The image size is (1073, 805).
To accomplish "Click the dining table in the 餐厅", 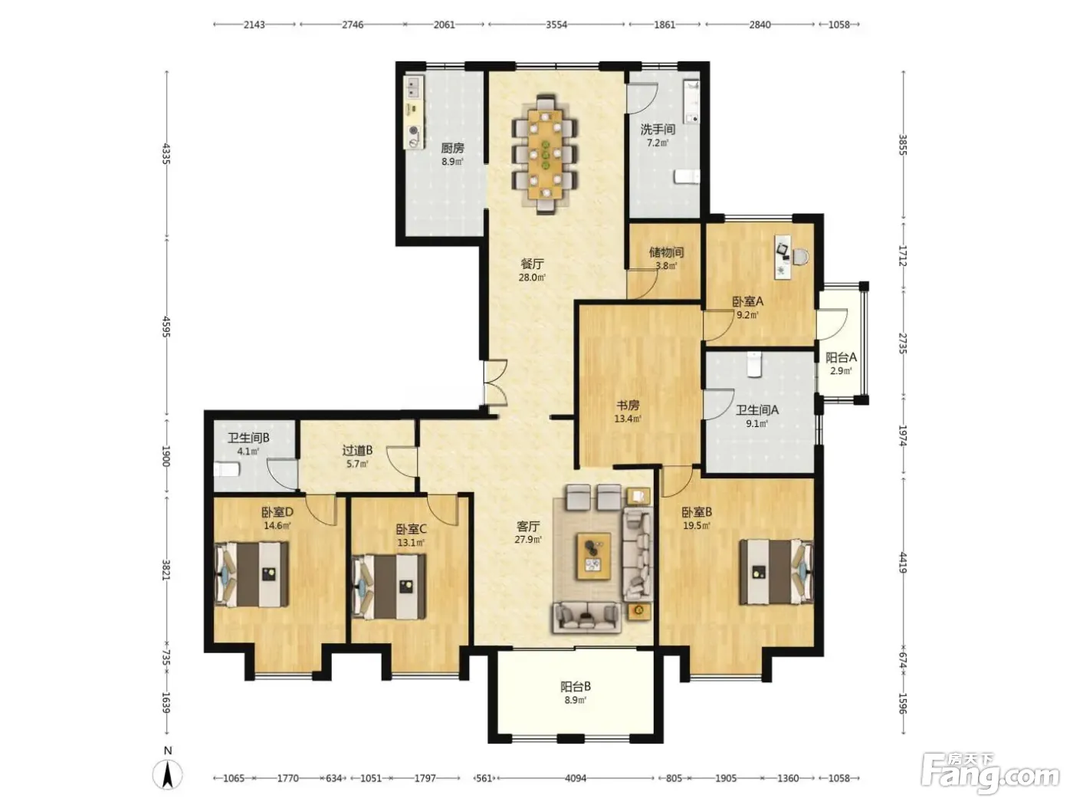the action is click(x=545, y=154).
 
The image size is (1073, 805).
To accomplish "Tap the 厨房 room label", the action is click(x=452, y=148).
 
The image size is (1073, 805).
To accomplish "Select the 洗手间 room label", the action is click(x=658, y=129).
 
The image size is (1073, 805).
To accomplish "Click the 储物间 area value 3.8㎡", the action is click(x=666, y=266).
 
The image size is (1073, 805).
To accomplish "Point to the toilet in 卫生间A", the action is click(x=754, y=363).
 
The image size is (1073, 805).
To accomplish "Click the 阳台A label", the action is click(x=841, y=357).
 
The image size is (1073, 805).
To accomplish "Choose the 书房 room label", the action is click(x=628, y=406).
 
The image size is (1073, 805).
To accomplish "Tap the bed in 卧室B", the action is click(x=776, y=572).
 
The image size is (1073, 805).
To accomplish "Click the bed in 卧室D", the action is click(x=251, y=574).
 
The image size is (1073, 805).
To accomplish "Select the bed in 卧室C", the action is click(x=389, y=586).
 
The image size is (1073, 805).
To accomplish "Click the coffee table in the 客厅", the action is click(x=594, y=557).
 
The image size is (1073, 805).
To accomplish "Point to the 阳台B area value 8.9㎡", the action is click(x=576, y=700).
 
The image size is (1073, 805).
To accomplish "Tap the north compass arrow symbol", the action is click(x=168, y=774).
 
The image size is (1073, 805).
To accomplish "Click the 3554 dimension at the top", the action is click(x=556, y=25).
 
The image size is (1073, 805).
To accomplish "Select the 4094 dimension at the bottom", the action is click(x=576, y=777).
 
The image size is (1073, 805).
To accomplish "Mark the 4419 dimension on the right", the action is click(x=904, y=563).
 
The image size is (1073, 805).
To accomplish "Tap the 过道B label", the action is click(x=357, y=450).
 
